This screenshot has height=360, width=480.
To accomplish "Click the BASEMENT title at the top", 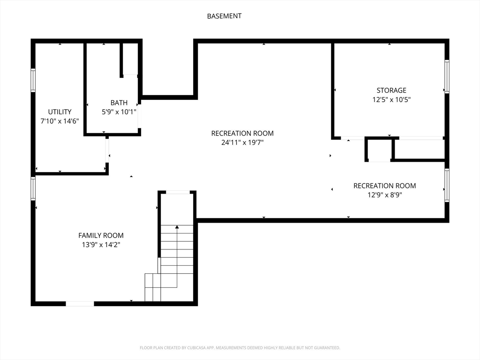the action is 224,16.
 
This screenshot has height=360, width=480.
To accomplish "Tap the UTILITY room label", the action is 60,112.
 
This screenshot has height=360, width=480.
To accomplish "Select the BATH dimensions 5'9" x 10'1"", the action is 119,112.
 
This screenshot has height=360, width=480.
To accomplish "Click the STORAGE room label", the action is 391,90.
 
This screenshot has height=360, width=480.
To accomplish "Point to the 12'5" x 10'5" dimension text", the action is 391,99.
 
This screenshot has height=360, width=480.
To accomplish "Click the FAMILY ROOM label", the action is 101,235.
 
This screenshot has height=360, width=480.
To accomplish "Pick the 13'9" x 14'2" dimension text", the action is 101,245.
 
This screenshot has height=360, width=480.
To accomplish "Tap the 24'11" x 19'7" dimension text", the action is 242,142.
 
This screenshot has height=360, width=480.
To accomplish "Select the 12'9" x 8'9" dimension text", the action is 385,195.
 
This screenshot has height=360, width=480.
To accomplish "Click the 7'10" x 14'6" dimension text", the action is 60,121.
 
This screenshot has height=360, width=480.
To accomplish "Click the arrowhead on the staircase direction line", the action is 177,227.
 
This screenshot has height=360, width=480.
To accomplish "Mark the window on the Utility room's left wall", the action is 33,80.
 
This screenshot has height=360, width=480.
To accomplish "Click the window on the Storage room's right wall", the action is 447,76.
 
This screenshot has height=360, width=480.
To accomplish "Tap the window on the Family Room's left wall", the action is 33,188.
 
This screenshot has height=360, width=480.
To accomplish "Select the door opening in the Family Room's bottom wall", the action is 80,304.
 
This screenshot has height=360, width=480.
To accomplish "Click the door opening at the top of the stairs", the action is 178,192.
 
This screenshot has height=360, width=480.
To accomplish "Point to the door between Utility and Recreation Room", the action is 107,150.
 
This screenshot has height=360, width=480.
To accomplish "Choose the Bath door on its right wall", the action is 139,116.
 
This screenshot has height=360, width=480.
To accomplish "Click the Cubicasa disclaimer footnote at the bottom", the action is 240,348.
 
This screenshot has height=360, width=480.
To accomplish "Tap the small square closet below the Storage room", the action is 379,150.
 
